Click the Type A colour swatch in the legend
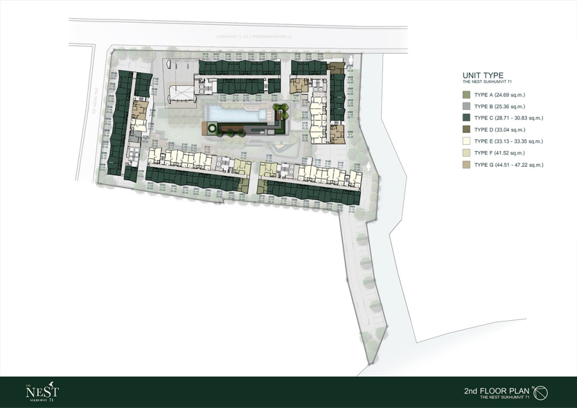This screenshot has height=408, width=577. (466, 95)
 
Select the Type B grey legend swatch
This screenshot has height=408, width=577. (466, 106)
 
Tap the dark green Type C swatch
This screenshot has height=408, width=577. (466, 118)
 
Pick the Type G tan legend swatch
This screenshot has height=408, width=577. (466, 165)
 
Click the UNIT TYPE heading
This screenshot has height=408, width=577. (482, 76)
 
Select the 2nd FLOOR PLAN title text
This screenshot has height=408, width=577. (496, 390)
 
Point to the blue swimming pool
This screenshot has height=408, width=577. (237, 114)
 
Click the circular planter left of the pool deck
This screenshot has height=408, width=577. (211, 129)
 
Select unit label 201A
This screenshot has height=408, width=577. (206, 55)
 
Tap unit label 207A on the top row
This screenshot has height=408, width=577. (274, 55)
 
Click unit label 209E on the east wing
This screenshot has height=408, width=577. (350, 134)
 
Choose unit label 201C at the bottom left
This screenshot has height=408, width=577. (150, 184)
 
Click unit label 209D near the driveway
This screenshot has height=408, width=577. (352, 207)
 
